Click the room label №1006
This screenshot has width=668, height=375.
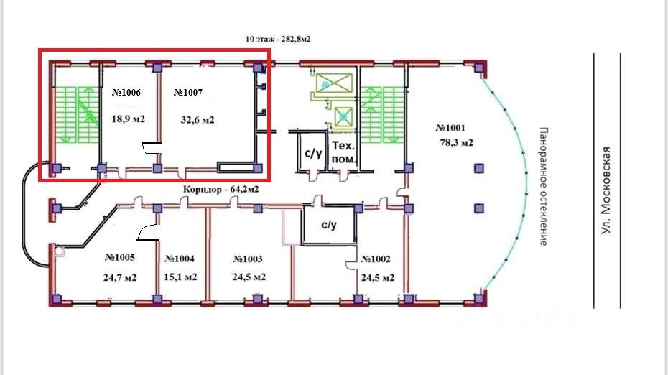point(126,93)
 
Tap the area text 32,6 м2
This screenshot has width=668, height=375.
point(198,120)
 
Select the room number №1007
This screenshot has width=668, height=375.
point(188,93)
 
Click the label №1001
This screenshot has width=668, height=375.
point(451,128)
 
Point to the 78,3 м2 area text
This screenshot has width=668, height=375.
point(456,143)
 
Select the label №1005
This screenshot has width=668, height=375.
point(121,257)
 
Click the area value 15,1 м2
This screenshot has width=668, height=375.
point(181,277)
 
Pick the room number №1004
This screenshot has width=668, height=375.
point(180,259)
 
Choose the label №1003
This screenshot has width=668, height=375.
point(248,259)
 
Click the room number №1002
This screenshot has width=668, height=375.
point(376,259)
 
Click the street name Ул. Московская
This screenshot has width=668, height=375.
point(607,190)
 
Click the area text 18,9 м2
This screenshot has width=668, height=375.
point(129,119)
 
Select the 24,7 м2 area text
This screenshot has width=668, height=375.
point(121,277)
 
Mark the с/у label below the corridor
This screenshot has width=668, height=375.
point(328,225)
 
